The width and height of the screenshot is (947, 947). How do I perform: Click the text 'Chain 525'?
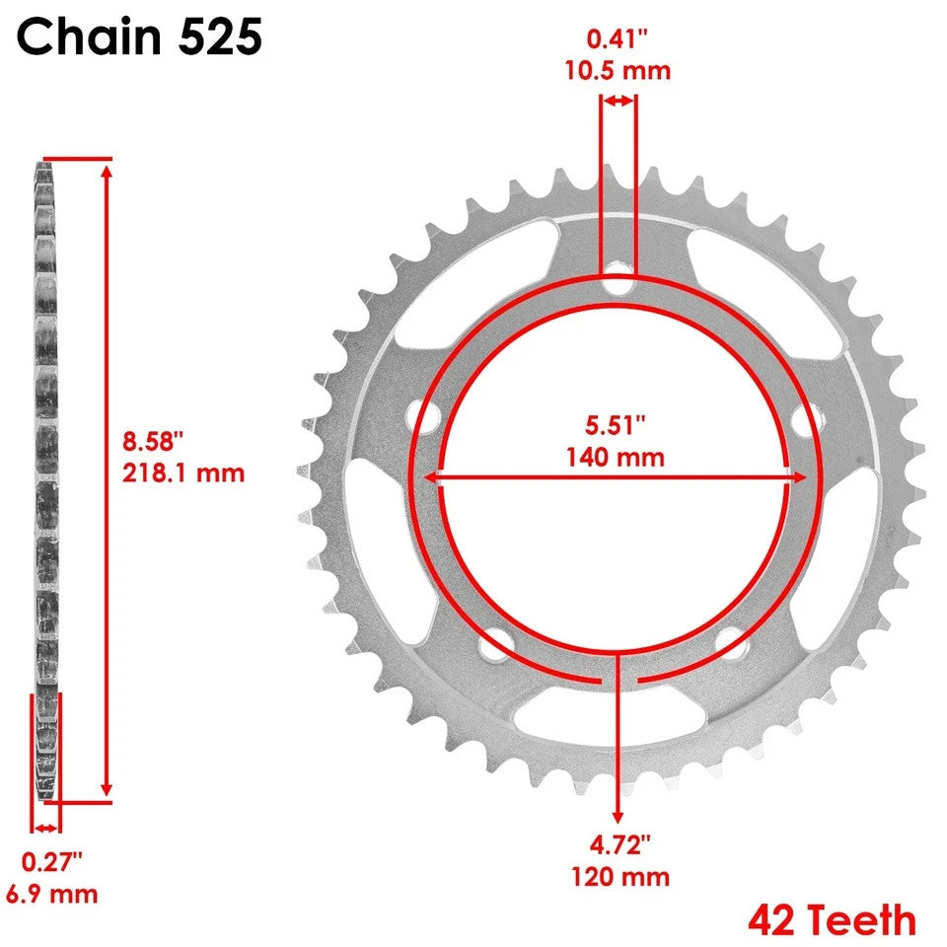tap(139, 36)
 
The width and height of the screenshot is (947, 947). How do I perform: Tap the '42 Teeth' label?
tap(832, 919)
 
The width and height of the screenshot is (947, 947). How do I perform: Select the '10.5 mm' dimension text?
tap(618, 71)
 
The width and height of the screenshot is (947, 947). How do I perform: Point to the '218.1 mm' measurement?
tap(183, 473)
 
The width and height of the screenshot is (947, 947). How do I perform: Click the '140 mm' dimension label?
tap(616, 457)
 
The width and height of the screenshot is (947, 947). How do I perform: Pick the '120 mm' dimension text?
tap(619, 876)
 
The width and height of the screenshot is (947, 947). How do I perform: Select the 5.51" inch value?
tap(616, 424)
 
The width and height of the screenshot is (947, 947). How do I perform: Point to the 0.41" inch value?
tap(618, 40)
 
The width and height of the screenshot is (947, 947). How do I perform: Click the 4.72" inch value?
tap(619, 844)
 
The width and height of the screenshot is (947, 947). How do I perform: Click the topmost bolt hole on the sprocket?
tap(619, 274)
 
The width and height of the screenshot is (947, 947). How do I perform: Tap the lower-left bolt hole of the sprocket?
tap(489, 647)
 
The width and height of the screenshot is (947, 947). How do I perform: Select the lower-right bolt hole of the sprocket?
tap(732, 645)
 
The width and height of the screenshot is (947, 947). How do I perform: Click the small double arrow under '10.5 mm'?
tap(619, 101)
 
